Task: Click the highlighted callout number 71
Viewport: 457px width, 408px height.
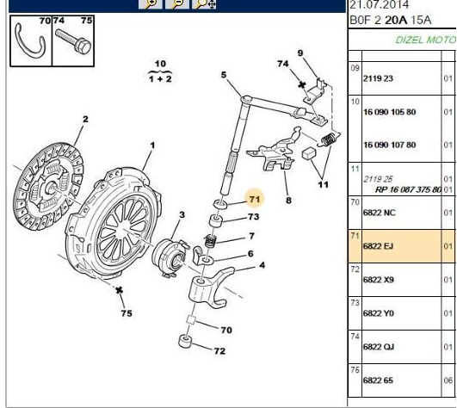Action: point(255,200)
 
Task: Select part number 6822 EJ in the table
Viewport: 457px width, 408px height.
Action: point(378,246)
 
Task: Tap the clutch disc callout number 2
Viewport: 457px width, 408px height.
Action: point(85,119)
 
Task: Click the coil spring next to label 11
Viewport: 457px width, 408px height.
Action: point(329,139)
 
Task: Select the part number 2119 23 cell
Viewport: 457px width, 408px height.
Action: point(378,78)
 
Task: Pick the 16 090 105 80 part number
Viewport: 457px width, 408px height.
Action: point(389,112)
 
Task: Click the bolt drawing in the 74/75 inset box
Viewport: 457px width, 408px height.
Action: point(73,41)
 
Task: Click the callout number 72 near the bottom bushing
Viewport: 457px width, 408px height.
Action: point(219,351)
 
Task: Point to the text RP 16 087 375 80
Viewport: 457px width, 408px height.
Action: point(408,189)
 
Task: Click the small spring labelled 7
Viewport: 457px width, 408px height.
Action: point(210,241)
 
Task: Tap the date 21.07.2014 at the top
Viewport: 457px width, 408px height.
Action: point(379,4)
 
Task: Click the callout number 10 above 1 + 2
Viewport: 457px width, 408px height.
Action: point(160,64)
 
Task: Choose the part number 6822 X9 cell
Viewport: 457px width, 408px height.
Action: point(379,280)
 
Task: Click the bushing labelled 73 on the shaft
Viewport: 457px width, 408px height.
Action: point(216,220)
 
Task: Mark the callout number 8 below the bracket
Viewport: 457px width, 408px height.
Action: point(288,201)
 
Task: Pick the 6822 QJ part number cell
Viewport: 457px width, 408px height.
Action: point(379,347)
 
